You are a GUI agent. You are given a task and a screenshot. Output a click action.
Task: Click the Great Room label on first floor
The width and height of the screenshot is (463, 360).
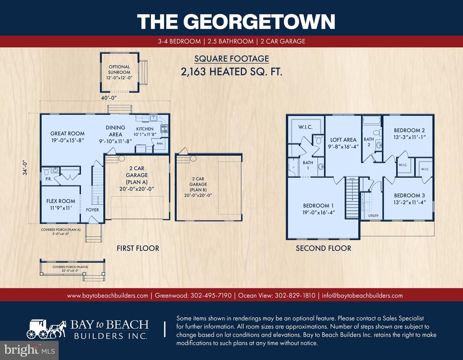point(67,133)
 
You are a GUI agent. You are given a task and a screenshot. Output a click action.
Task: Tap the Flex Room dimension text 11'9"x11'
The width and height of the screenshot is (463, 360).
point(61,208)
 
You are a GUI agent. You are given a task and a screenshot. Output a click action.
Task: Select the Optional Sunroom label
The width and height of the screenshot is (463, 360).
point(119,69)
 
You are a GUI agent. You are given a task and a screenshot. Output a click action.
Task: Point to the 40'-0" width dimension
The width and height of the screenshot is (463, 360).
point(109,97)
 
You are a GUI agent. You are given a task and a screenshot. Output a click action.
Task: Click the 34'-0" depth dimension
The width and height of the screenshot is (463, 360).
point(25,168)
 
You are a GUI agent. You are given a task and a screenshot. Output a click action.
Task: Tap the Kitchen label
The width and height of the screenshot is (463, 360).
point(145,129)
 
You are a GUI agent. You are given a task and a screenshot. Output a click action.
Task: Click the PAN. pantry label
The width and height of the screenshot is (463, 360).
point(160,144)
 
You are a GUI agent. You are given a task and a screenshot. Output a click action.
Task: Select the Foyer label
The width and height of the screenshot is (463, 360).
point(92,210)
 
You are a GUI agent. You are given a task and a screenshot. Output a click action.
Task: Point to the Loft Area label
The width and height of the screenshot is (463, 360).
point(343,140)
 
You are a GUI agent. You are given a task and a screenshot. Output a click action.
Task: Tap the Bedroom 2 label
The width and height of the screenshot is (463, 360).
point(409,130)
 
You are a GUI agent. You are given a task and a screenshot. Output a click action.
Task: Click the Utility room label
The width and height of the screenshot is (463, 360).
point(373,216)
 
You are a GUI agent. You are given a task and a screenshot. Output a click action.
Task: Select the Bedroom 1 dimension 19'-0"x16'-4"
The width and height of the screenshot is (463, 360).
point(319,212)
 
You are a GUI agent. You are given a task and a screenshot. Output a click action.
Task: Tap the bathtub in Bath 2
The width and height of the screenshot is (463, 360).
point(372,121)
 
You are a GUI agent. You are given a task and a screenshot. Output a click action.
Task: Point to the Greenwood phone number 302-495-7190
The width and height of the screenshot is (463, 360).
point(211,295)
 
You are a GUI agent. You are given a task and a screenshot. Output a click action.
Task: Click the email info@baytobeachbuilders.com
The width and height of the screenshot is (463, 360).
point(362,295)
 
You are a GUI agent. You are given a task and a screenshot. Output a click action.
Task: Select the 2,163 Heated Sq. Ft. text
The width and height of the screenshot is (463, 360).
point(232,71)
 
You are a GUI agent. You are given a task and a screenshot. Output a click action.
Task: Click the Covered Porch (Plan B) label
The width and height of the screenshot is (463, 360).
point(70,267)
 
